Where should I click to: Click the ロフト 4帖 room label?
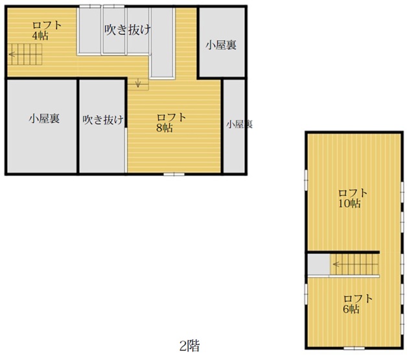point(47,30)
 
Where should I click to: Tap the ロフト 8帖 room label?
point(171,122)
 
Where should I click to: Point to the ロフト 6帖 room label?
point(358,304)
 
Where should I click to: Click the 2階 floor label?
point(190,346)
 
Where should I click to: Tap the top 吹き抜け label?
point(128,30)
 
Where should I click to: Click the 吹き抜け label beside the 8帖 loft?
point(103,120)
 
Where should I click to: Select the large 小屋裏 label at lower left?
point(44,118)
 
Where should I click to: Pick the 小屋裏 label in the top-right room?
point(221,45)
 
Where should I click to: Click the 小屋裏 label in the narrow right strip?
point(239,124)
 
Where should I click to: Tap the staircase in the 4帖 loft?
point(25,54)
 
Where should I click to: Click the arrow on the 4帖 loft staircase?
point(12,54)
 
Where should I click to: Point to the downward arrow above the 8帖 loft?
point(138,83)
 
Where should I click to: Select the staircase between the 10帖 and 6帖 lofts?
point(354,264)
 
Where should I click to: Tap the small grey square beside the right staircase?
point(319,264)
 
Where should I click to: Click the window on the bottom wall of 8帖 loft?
point(174,174)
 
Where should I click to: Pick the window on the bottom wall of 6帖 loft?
point(355,348)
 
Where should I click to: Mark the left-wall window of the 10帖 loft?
point(307,179)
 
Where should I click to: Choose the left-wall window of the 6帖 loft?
point(307,293)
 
